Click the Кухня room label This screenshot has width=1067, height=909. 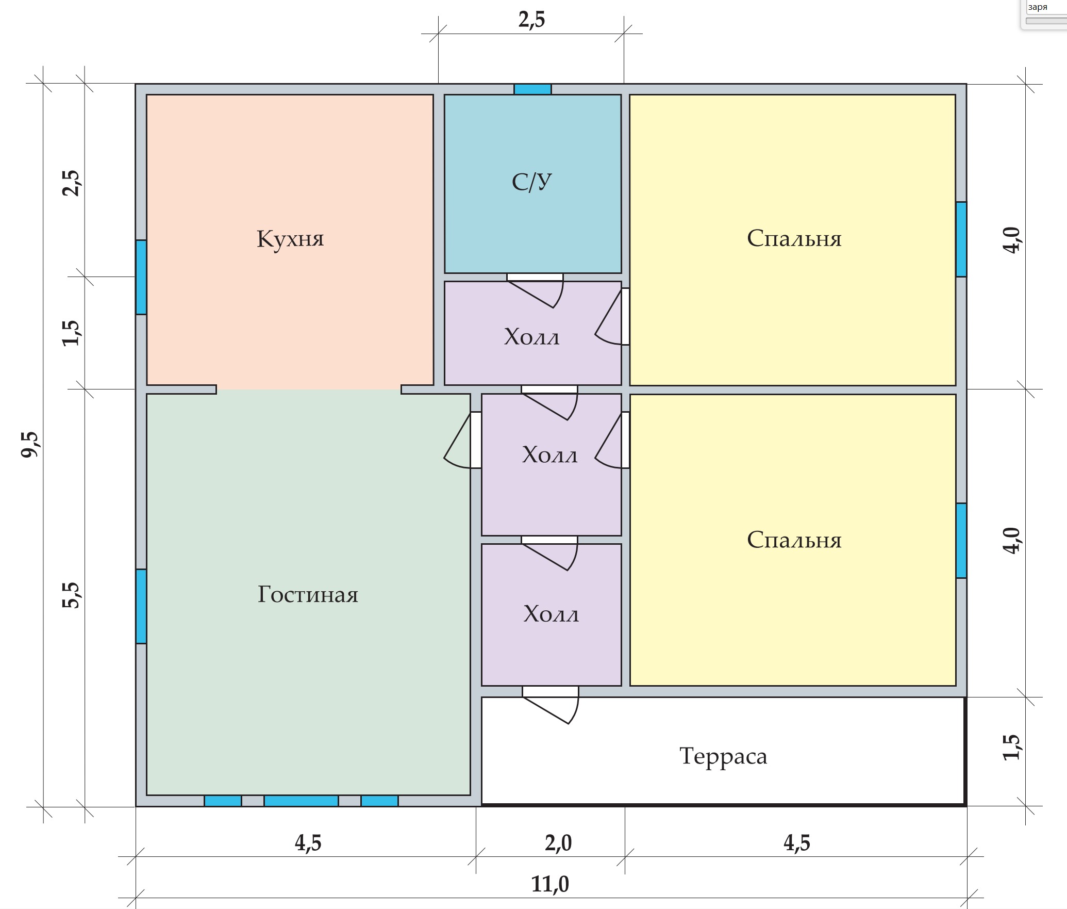(290, 239)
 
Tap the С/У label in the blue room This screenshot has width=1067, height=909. (531, 182)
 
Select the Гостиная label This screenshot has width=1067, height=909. (308, 594)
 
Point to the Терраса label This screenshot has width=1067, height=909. (723, 757)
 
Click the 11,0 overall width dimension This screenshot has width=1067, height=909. (550, 884)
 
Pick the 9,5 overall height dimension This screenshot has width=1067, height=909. (30, 444)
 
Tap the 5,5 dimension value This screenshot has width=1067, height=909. (71, 595)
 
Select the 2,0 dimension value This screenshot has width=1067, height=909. (558, 843)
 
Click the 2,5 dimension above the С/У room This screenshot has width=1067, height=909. (531, 20)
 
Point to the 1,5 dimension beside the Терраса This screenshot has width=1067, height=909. (1011, 746)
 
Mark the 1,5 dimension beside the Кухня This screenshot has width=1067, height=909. (71, 333)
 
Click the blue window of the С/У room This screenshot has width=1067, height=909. (532, 89)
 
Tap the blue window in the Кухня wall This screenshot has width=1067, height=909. (141, 277)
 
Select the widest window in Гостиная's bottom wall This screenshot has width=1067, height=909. (301, 801)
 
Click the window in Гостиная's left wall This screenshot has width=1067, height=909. (141, 606)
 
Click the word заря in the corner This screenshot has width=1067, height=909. (1038, 7)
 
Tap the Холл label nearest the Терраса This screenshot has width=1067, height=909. (551, 614)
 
